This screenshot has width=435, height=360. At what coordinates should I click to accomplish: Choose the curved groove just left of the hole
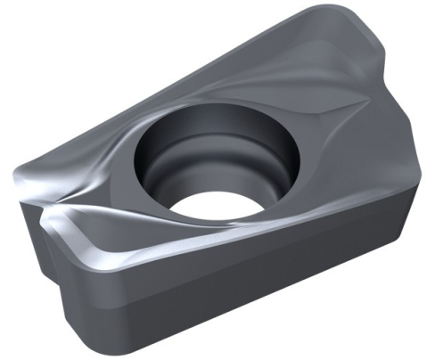tap(120, 156)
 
